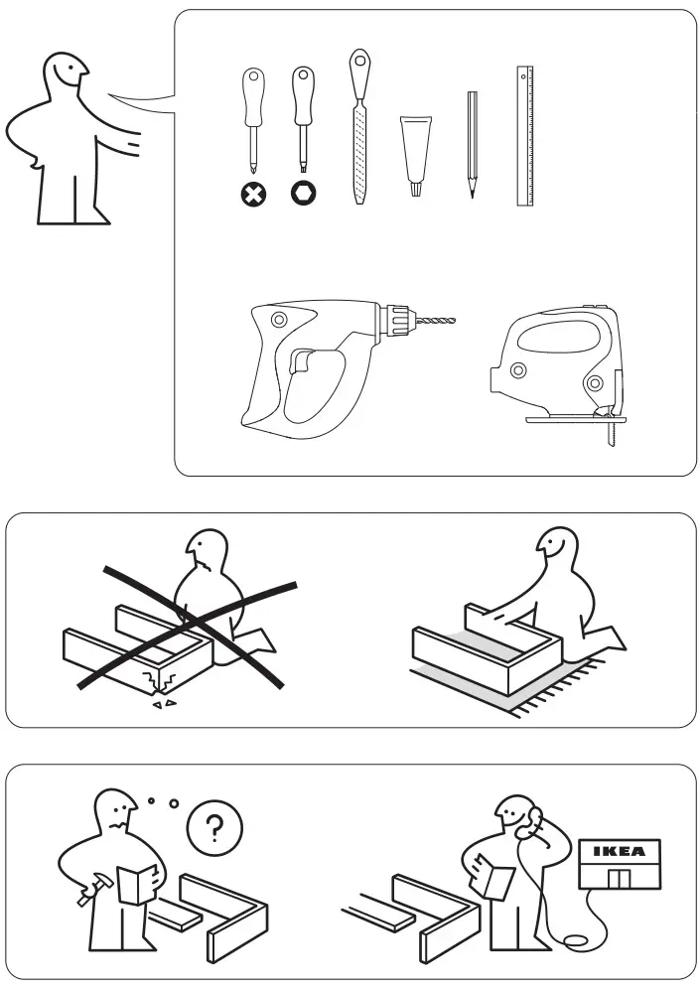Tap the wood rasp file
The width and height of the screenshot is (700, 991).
359,149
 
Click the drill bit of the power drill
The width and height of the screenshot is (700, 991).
437,321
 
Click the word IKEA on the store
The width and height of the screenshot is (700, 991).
618,851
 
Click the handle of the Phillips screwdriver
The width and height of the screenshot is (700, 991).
254,94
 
